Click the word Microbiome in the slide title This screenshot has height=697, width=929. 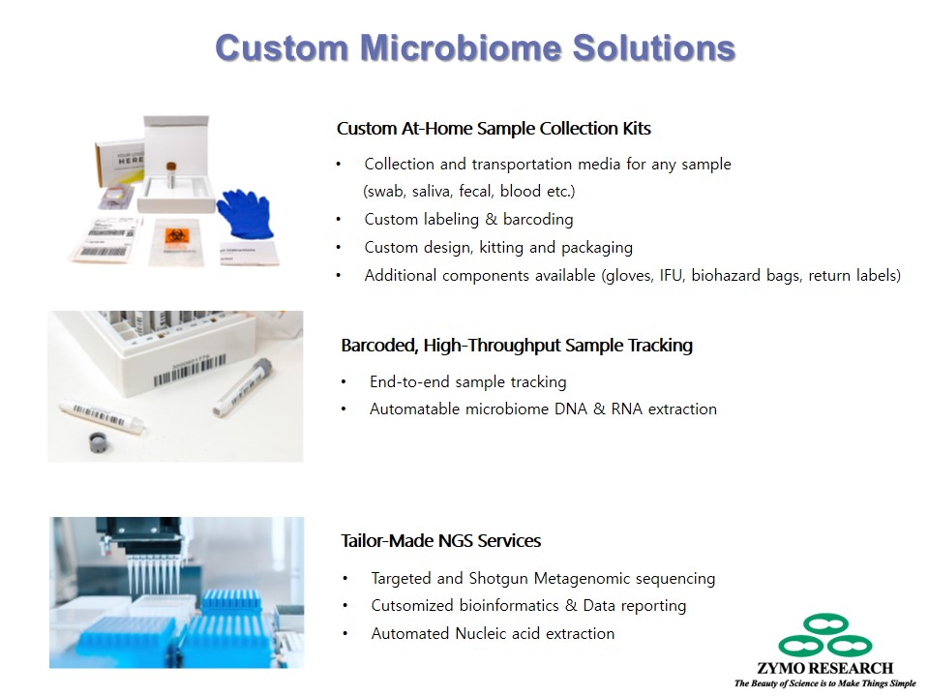click(461, 47)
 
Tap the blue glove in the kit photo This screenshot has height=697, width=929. click(245, 213)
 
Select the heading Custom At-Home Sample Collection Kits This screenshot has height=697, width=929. click(494, 128)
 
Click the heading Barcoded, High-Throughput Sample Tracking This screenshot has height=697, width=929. click(517, 345)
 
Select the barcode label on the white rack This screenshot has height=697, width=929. click(190, 369)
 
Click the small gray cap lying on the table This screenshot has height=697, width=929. click(98, 442)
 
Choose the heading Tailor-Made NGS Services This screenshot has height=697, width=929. click(441, 540)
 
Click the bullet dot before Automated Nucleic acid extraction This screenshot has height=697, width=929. click(345, 633)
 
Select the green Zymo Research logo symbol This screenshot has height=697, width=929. click(824, 635)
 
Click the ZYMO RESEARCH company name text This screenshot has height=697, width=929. click(824, 668)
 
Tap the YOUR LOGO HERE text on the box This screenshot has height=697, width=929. click(131, 158)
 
